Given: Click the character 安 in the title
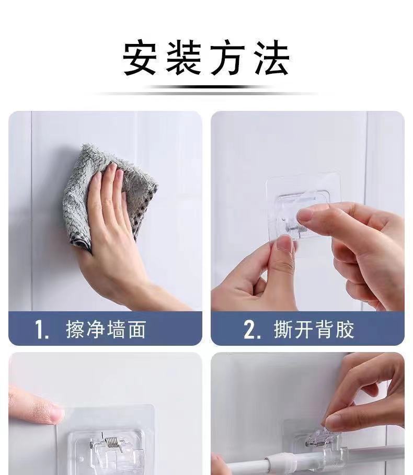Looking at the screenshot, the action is [x=140, y=58].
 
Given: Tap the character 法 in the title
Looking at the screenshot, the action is [x=272, y=58].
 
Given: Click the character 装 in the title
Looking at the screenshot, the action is [x=184, y=58].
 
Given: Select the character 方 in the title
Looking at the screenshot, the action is [x=228, y=58].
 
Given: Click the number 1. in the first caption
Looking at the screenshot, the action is [x=42, y=329].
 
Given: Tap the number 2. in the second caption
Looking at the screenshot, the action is [x=252, y=329].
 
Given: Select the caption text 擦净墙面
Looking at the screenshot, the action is [x=106, y=329].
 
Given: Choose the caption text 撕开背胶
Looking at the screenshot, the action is [x=314, y=329].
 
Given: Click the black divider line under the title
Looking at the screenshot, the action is [x=206, y=87].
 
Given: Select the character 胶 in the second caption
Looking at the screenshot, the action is [x=345, y=329].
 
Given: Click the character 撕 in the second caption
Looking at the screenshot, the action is [x=283, y=329].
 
